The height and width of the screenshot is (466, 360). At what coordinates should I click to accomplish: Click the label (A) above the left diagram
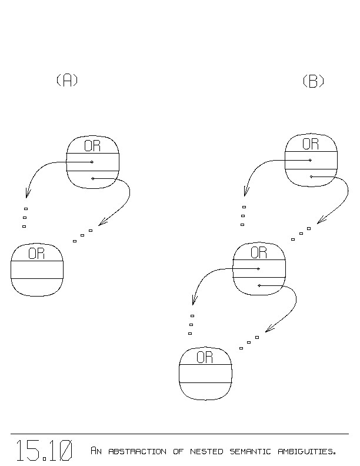67,81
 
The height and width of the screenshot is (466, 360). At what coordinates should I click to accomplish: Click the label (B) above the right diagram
313,82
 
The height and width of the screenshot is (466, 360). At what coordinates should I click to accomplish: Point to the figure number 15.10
44,451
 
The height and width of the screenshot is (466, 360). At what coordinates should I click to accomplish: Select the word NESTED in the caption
206,452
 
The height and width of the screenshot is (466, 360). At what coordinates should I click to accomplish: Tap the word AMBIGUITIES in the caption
306,452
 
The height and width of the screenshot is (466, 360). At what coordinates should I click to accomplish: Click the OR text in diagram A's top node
92,146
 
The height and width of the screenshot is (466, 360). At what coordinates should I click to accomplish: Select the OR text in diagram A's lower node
36,254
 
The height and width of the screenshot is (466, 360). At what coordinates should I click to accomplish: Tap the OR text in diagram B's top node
311,144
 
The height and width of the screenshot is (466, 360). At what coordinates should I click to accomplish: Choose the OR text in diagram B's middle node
259,253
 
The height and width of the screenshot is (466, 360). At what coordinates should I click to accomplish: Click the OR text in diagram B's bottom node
205,357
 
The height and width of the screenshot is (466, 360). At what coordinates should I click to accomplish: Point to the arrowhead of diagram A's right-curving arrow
101,224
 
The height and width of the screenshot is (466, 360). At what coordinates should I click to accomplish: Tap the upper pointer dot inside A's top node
92,162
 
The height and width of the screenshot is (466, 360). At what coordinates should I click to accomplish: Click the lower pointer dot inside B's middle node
259,285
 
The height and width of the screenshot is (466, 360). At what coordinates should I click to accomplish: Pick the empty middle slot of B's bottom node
205,374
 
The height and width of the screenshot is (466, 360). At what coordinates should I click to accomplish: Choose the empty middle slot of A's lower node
36,269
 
